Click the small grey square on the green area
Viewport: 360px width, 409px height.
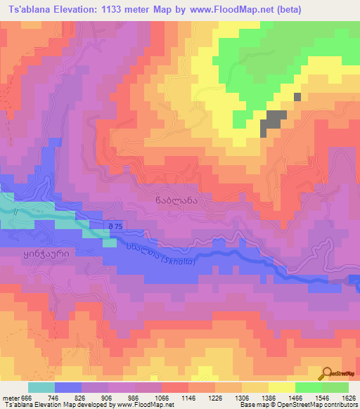point(297,97)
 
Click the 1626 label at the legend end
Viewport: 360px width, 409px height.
point(347,397)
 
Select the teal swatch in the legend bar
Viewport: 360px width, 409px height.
point(41,387)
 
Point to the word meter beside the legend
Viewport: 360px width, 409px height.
point(11,397)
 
